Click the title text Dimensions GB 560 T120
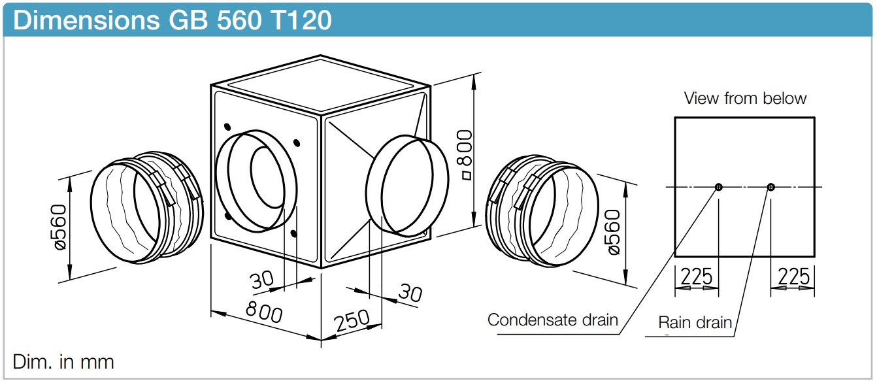(173, 20)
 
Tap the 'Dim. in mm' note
(63, 362)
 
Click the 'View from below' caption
(745, 98)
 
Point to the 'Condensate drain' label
(552, 320)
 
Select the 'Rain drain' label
(695, 323)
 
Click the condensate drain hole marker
(718, 187)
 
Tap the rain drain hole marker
(770, 187)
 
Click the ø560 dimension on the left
(60, 227)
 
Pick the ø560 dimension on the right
(613, 232)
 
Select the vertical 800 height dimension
(465, 155)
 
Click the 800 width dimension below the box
(264, 312)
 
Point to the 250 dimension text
(352, 320)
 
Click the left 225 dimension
(697, 276)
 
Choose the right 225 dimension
(793, 276)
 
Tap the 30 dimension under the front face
(261, 280)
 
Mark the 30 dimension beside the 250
(410, 293)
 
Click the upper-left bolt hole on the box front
(227, 127)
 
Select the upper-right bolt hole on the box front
(297, 143)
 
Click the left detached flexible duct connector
(147, 208)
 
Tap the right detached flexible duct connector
(542, 212)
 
